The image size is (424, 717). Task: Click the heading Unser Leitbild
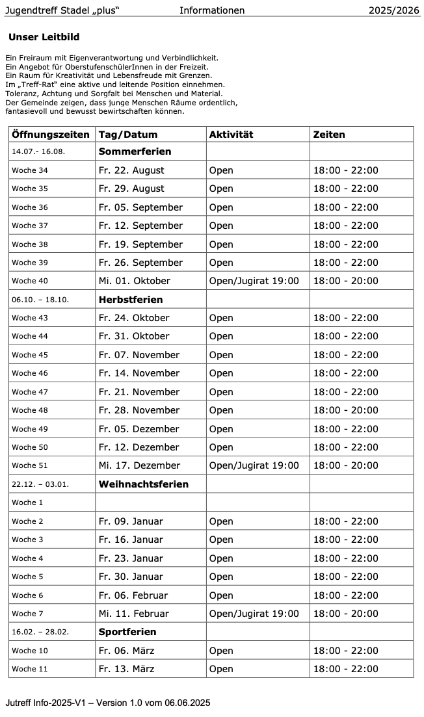pos(44,38)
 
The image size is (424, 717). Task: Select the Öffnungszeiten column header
pos(51,135)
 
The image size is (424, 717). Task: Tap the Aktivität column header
pos(231,135)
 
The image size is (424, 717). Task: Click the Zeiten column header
pos(329,135)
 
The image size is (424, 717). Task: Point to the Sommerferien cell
pos(135,151)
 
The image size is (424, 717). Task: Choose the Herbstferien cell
pos(131,300)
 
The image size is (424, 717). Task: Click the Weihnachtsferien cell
pos(143,484)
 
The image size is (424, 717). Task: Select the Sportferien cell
pos(127,632)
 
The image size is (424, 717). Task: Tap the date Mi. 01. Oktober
pos(134,281)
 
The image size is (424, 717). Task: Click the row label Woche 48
pos(30,410)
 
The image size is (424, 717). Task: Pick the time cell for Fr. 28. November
pos(345,410)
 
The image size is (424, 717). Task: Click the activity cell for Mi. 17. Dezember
pos(254,465)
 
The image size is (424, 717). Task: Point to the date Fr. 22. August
pos(131,170)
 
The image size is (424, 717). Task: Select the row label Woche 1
pos(28,502)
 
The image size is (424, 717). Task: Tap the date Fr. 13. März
pos(126,669)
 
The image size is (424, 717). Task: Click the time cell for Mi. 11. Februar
pos(345,614)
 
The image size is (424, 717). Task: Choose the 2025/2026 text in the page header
pos(394,10)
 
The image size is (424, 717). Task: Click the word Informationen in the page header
pos(212,10)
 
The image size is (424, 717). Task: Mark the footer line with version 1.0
pos(107,703)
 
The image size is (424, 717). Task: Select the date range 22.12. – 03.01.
pos(40,484)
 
